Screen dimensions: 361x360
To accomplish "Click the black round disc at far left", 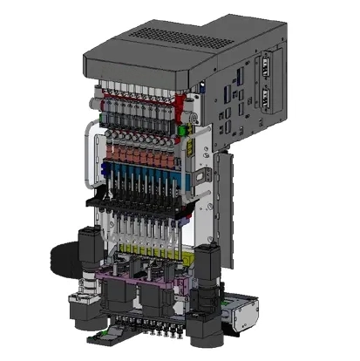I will pyautogui.click(x=60, y=258).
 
